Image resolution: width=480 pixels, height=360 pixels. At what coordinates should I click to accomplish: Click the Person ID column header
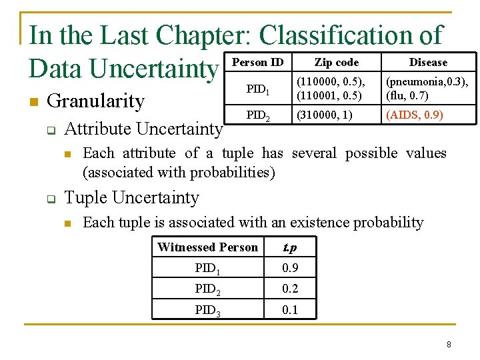coord(258,63)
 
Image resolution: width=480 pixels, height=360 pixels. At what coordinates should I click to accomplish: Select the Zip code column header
coord(337,63)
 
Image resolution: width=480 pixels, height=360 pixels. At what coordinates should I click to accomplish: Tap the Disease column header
coord(428,63)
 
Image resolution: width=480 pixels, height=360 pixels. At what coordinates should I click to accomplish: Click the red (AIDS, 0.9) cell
coord(414,115)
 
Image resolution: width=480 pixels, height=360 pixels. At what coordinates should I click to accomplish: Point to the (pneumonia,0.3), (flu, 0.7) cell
coord(427,89)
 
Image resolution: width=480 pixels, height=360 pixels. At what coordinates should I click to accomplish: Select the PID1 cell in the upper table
coord(258,89)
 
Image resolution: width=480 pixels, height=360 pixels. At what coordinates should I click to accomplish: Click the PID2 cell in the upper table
coord(258,115)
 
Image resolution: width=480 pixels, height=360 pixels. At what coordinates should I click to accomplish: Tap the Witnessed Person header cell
coord(207,247)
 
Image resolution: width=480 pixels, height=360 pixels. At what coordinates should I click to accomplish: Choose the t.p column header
coord(290,247)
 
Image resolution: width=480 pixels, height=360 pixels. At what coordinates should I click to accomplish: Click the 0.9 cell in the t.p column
coord(290,268)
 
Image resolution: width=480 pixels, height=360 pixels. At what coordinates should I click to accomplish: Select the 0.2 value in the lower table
coord(290,289)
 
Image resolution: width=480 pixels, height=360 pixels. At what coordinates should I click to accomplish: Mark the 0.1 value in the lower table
coord(290,309)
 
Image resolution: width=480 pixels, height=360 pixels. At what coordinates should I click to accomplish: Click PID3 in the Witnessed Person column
coord(207,310)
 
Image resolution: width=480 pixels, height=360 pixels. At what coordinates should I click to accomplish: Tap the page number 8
coord(449,345)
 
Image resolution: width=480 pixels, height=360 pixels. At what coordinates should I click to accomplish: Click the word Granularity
coord(96,101)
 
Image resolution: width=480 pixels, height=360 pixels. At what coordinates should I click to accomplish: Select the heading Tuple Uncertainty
coord(131,198)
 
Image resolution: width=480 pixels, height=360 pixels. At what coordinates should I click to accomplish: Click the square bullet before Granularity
coord(33,102)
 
